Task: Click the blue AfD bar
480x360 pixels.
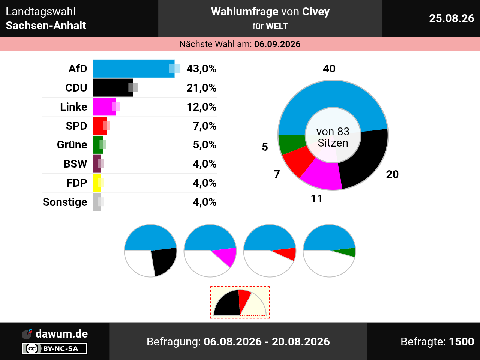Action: point(134,69)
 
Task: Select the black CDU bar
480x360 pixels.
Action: point(113,88)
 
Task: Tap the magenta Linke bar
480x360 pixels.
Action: point(105,106)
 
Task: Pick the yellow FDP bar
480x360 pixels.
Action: point(97,183)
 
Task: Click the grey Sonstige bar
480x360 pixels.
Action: point(97,202)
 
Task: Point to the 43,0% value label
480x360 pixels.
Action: point(201,69)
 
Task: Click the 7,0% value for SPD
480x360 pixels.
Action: point(205,126)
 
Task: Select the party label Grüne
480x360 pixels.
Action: point(72,145)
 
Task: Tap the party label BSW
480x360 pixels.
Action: point(75,164)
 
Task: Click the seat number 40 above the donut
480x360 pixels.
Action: point(329,69)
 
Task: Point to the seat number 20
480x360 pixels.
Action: point(392,174)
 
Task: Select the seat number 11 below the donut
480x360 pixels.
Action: point(316,199)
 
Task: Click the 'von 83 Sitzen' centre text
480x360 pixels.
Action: point(333,137)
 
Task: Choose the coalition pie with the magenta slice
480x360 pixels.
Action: point(210,250)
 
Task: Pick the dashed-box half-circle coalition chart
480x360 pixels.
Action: point(240,303)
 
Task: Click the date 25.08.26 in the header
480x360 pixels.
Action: point(451,18)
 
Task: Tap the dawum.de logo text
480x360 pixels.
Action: point(61,334)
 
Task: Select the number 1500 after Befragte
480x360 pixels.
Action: point(461,341)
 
